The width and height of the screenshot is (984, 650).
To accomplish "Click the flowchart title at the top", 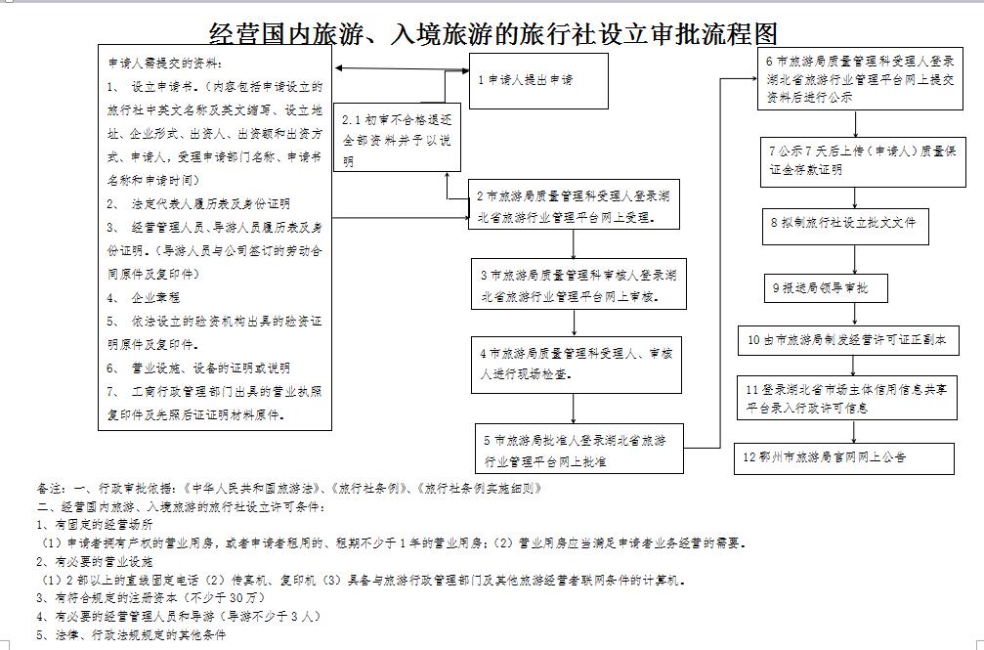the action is [x=493, y=33].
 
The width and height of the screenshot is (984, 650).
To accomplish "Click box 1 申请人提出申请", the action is [x=538, y=81].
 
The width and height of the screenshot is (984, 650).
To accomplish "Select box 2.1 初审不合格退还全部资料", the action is [x=398, y=138].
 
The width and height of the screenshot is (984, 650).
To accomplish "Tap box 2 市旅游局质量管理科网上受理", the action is [x=574, y=204].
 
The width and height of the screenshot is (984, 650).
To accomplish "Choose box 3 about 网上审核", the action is [x=578, y=283].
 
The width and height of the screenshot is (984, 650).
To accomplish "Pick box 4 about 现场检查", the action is [x=577, y=365].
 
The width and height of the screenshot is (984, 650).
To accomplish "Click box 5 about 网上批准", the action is [x=579, y=449].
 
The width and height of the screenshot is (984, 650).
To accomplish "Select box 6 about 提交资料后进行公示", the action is [x=860, y=78].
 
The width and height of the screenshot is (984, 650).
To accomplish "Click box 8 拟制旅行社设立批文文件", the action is [x=845, y=227].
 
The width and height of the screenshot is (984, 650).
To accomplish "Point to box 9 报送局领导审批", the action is [x=826, y=288].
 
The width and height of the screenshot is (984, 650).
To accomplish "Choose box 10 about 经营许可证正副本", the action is [x=848, y=340].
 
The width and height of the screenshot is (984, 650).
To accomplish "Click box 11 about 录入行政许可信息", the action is [x=846, y=398].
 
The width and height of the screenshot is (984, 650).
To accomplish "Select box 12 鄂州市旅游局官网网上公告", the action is [x=844, y=458].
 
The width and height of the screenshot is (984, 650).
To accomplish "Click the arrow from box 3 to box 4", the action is [x=575, y=323].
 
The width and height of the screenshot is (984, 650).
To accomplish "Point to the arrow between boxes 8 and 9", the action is [x=855, y=259].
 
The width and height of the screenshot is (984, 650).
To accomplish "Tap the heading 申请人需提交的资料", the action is [x=165, y=63].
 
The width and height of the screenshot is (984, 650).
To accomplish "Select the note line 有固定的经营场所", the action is [x=94, y=525].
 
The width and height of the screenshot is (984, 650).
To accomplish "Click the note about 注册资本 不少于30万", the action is [x=150, y=597].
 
